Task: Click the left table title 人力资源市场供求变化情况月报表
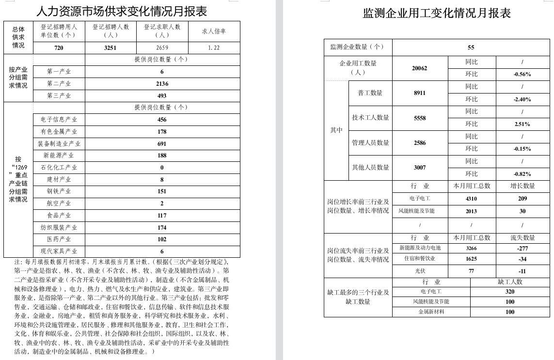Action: click(x=122, y=11)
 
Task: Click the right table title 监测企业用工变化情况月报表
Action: click(x=437, y=13)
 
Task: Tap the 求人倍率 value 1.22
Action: click(x=214, y=48)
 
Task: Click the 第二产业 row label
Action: click(x=59, y=84)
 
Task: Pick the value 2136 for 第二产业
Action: click(x=162, y=84)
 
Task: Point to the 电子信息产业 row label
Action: click(x=59, y=120)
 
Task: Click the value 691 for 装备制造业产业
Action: click(x=162, y=144)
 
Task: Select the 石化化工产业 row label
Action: click(x=59, y=168)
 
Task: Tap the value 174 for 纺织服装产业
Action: click(x=162, y=228)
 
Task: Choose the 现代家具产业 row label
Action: click(x=59, y=251)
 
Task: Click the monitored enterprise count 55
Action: click(x=471, y=47)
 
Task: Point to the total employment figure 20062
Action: click(x=419, y=68)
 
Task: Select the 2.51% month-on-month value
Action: click(x=522, y=125)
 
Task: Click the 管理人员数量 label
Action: click(x=370, y=143)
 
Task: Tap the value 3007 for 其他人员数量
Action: click(x=419, y=168)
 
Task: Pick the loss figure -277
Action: click(x=522, y=248)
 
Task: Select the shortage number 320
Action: click(x=510, y=292)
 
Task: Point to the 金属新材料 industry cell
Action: click(x=431, y=312)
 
